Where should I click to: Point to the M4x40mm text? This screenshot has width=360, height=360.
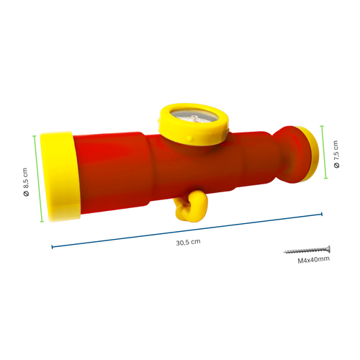[313, 259]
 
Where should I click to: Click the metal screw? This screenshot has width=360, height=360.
[307, 249]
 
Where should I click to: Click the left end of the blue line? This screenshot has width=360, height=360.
[52, 247]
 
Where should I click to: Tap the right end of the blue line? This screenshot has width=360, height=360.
[321, 214]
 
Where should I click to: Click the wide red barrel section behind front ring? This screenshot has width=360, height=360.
[112, 169]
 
